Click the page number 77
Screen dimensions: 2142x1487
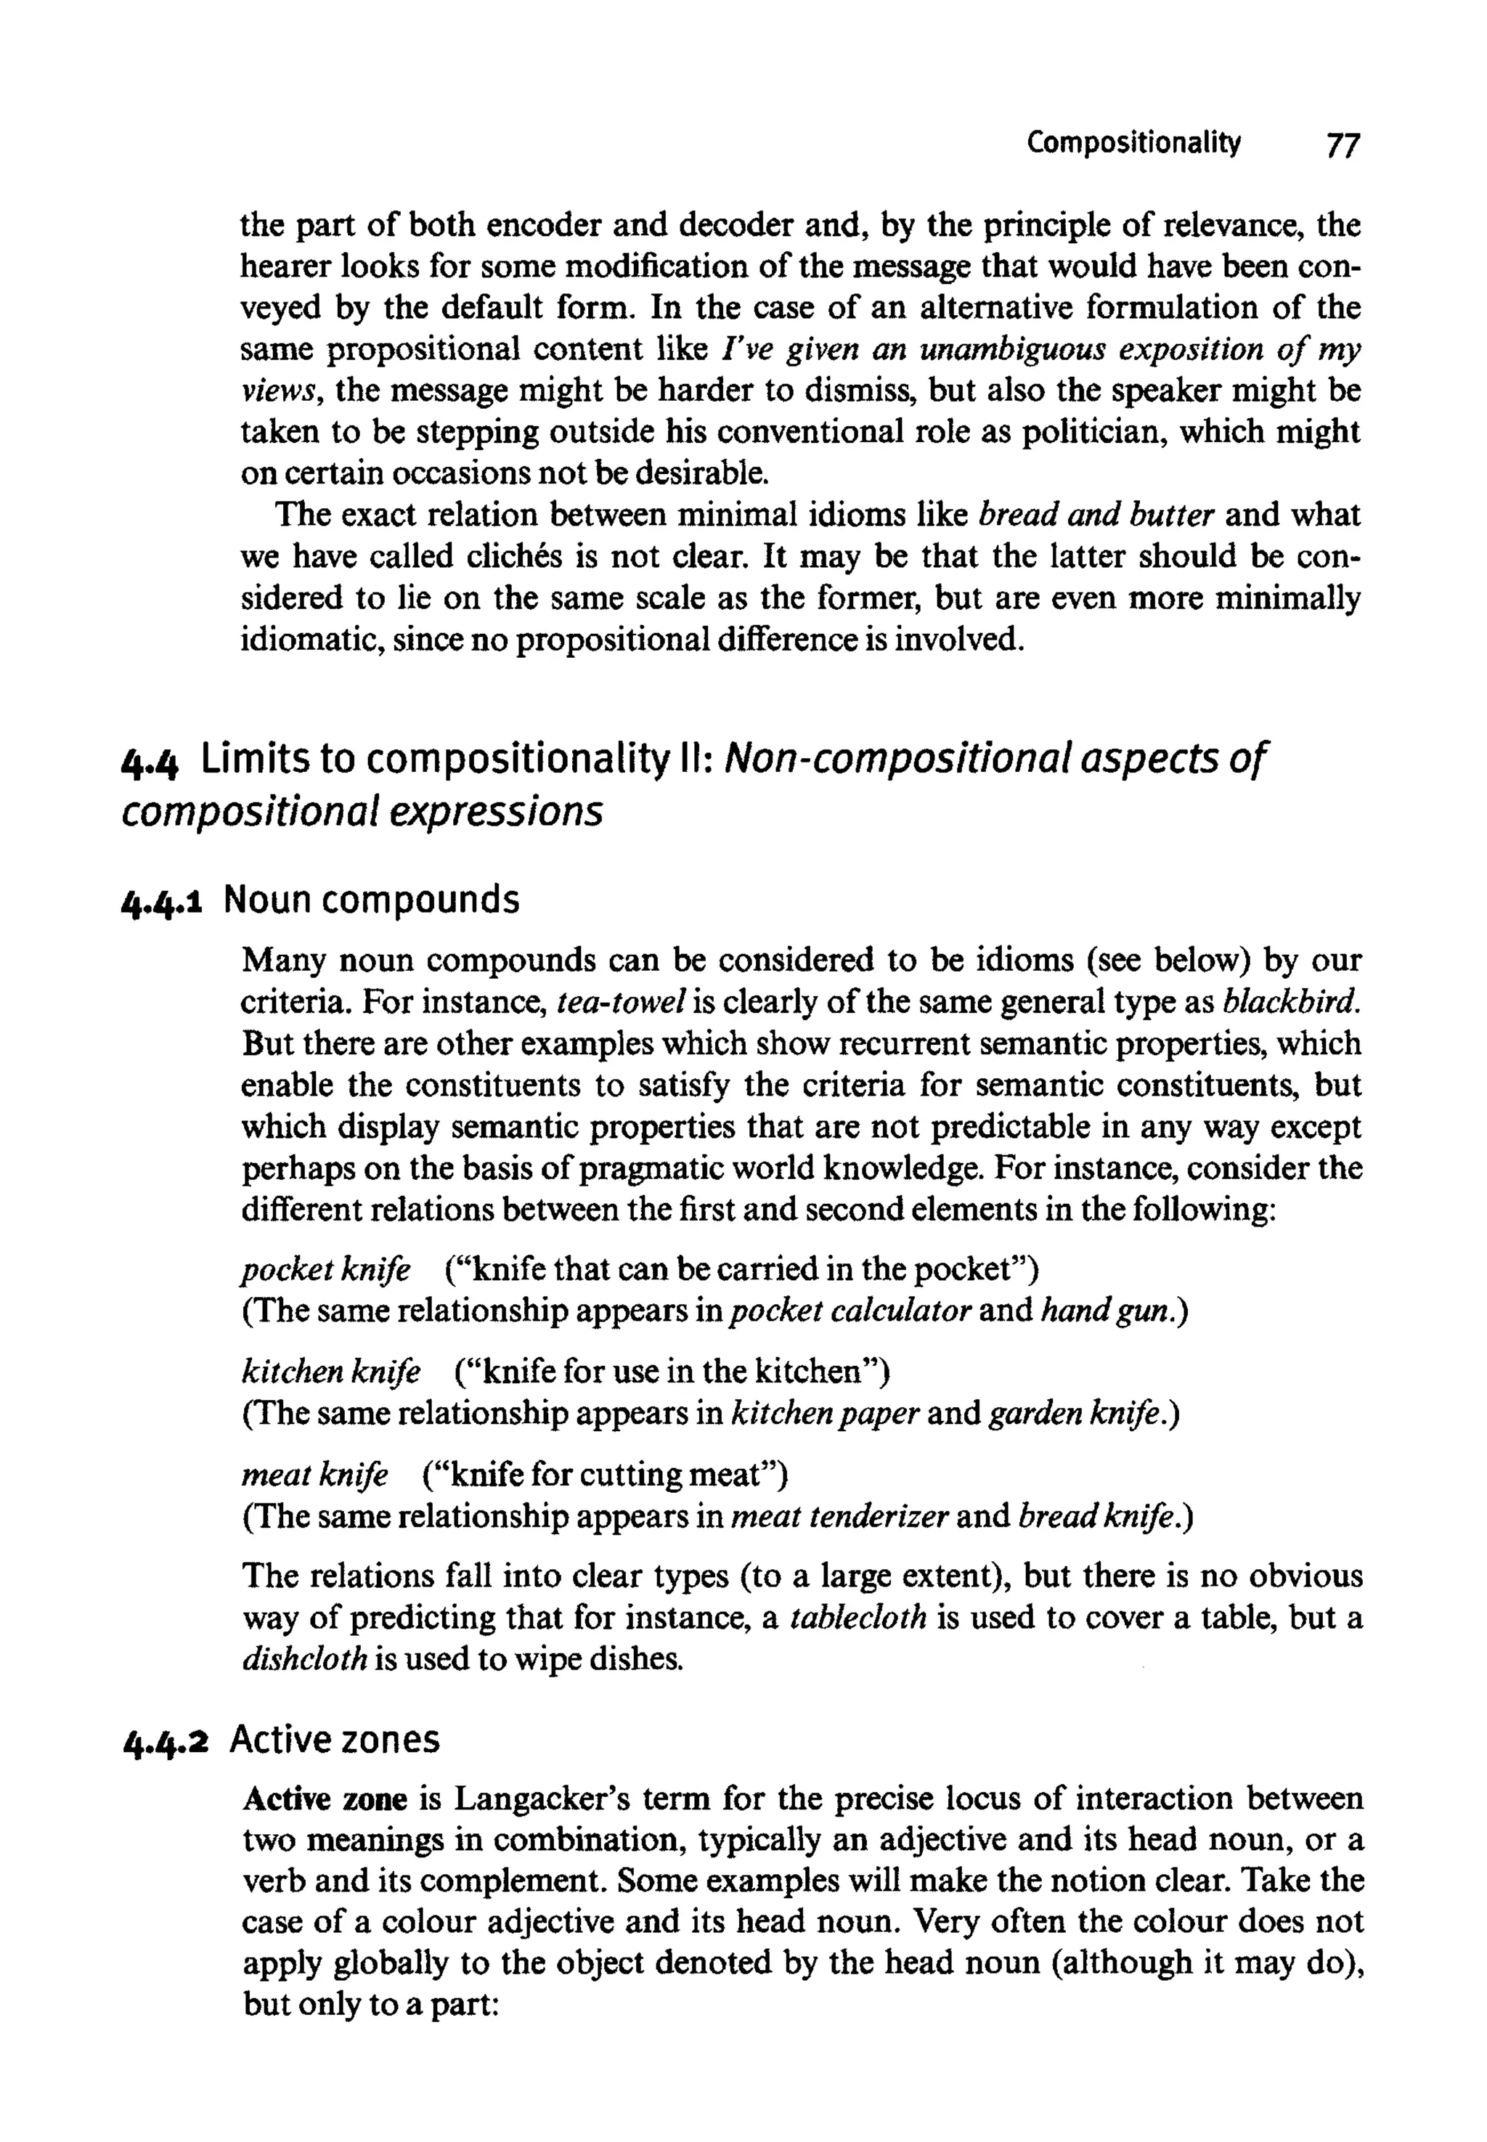1343,145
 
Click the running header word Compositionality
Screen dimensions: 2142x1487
1134,144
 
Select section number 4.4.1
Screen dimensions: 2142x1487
163,901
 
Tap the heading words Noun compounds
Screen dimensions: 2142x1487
371,900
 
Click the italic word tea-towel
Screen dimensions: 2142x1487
621,1001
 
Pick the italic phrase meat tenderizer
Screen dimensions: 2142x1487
840,1517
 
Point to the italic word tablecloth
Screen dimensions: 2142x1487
858,1618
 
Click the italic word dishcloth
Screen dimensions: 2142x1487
305,1659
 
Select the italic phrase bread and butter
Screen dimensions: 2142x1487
1096,516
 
